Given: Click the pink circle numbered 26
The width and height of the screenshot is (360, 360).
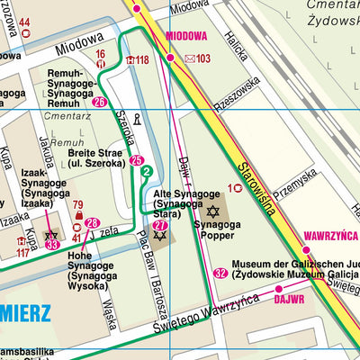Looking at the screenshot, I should [99, 102].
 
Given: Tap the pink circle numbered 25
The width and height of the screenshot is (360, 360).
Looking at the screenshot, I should [137, 161].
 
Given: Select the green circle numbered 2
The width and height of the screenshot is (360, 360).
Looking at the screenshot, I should [146, 171].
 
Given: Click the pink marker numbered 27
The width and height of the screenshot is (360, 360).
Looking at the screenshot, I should [159, 226].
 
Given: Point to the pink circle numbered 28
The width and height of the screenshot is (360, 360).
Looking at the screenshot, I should [91, 222].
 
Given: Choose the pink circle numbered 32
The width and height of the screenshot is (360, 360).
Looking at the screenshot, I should [220, 273].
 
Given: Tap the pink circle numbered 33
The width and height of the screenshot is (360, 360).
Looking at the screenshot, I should [52, 244].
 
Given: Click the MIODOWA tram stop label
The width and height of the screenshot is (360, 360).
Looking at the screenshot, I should [186, 37].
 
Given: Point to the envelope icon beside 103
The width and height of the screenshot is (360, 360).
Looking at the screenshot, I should [189, 59].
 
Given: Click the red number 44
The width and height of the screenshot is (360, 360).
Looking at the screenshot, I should [24, 22].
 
